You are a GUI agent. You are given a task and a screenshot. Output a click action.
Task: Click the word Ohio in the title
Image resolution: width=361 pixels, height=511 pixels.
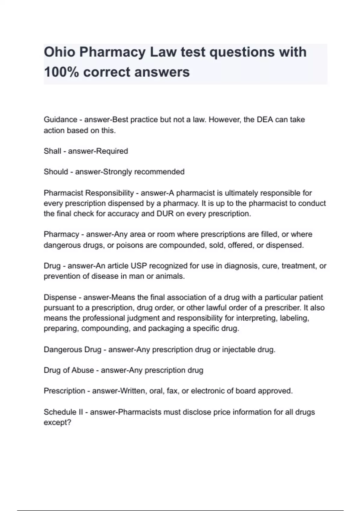tap(59, 52)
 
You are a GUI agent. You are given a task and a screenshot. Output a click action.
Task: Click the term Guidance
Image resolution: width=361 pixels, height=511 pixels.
tap(60, 120)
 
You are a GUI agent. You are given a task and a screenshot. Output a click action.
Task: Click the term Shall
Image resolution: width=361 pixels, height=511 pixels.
tap(52, 151)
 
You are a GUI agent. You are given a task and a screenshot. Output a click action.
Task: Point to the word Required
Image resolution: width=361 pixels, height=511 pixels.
tap(113, 151)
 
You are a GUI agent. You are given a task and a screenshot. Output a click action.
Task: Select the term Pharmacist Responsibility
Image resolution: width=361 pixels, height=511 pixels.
tap(89, 193)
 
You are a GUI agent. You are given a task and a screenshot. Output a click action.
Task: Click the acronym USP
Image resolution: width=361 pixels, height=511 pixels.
tap(139, 266)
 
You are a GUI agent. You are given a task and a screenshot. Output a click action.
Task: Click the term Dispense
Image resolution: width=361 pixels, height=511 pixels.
tap(60, 297)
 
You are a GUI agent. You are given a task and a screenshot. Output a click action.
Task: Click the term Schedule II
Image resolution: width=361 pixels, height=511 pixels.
tap(63, 412)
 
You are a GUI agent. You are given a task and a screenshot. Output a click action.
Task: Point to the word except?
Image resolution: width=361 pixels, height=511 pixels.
tap(57, 422)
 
